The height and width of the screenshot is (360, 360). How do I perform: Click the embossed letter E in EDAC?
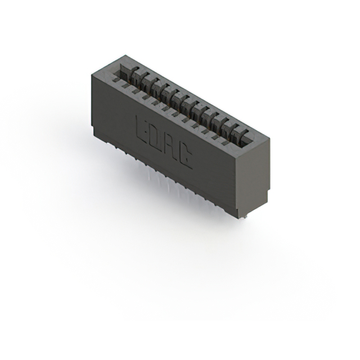pyautogui.click(x=143, y=128)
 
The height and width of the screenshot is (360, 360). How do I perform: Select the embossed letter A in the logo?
pyautogui.click(x=170, y=149)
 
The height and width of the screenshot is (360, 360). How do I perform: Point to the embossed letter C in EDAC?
pyautogui.click(x=184, y=159)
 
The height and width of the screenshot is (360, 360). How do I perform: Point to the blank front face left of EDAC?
pyautogui.click(x=112, y=112)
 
